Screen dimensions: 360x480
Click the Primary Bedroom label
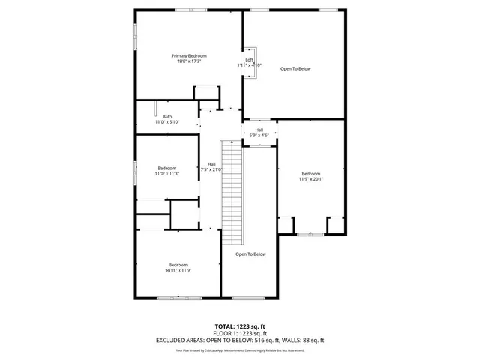189,56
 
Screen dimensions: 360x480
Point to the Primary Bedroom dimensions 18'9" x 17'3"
189,61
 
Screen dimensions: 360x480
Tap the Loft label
250,60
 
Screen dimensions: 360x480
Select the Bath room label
167,116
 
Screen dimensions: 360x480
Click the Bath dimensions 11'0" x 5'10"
167,121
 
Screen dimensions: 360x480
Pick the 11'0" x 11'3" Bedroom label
166,168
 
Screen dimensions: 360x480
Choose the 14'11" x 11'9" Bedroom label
178,265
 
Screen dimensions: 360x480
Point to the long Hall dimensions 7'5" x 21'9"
211,169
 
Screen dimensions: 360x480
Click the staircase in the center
234,191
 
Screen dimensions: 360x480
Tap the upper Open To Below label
295,69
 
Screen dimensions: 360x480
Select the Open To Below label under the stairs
250,254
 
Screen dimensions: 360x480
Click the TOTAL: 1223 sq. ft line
240,327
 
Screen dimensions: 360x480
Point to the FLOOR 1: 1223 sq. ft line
240,333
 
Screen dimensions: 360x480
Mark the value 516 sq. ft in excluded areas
264,340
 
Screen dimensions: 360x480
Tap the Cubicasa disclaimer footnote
240,349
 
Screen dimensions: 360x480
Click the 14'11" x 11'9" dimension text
178,270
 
